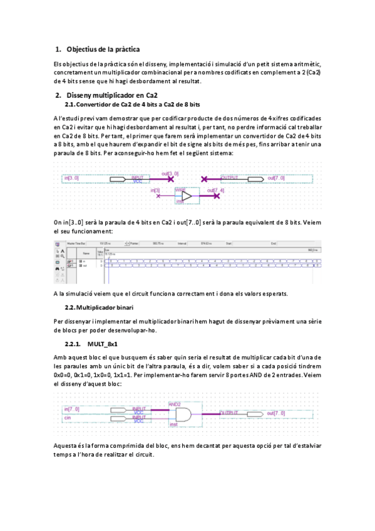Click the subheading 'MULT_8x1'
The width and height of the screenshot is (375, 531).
coord(103,344)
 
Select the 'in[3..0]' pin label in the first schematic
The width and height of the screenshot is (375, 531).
coord(71,178)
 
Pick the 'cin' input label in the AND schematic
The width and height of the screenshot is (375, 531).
coord(68,418)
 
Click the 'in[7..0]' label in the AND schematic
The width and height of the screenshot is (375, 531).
coord(71,409)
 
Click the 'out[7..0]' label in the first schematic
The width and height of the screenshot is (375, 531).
coord(275,178)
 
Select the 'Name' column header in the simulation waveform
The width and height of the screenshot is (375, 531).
coord(86,253)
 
